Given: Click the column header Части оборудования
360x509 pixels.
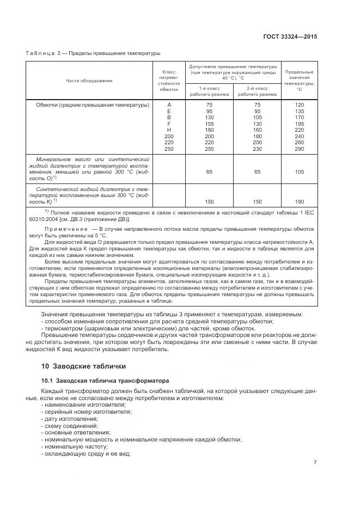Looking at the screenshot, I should pyautogui.click(x=89, y=81).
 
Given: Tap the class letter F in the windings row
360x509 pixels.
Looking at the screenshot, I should pyautogui.click(x=169, y=124).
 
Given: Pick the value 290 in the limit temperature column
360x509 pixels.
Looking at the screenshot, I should pyautogui.click(x=299, y=149).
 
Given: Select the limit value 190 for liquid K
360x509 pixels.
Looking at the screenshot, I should pyautogui.click(x=299, y=201).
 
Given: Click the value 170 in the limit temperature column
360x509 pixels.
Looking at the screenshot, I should pyautogui.click(x=299, y=117).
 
